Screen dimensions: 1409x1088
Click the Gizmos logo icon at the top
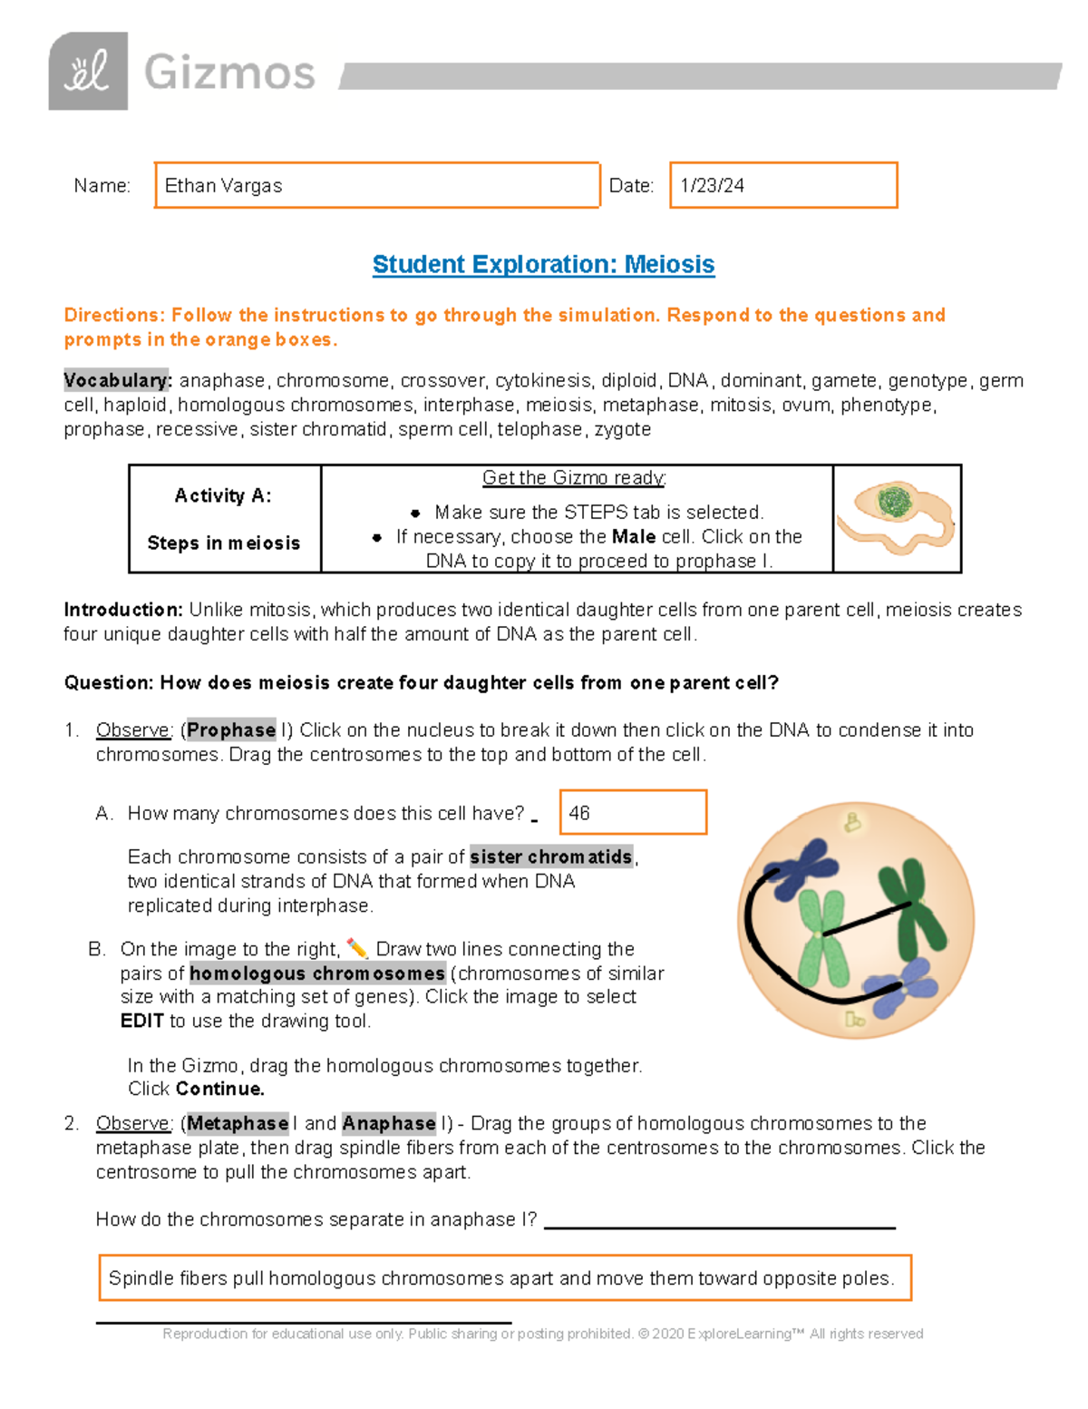click(x=88, y=72)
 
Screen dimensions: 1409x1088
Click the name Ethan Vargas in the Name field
click(x=223, y=186)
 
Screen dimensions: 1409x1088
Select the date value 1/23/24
click(x=713, y=186)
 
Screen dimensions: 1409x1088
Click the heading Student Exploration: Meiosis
click(x=543, y=264)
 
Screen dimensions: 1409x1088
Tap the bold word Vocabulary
click(x=116, y=380)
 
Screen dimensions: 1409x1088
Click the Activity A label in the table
click(x=223, y=495)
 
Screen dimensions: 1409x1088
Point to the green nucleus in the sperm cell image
click(x=894, y=502)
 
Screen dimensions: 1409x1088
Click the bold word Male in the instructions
click(x=633, y=536)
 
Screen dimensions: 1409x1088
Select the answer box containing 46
click(x=633, y=813)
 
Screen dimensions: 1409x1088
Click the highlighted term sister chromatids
click(x=550, y=856)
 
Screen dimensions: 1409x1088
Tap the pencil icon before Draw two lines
click(x=356, y=949)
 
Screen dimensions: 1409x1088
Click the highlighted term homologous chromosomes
click(x=316, y=974)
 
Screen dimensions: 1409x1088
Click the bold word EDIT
click(x=141, y=1021)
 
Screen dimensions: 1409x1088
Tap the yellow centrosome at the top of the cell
click(x=852, y=822)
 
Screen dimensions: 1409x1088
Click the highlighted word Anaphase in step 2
click(x=389, y=1123)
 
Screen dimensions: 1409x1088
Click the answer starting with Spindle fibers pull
click(x=501, y=1278)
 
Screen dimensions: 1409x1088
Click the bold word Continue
click(x=219, y=1089)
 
